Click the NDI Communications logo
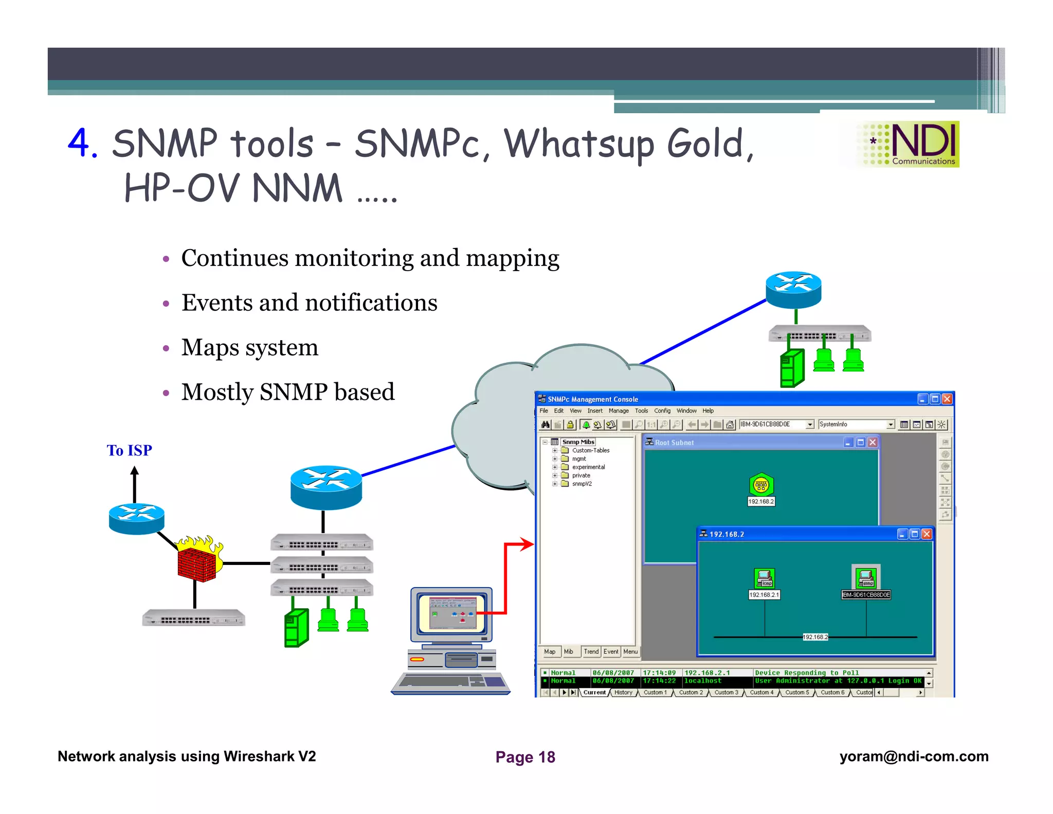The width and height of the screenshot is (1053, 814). pos(908,144)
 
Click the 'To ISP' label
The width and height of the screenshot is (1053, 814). pos(129,450)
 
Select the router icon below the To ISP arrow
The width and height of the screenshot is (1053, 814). pos(136,519)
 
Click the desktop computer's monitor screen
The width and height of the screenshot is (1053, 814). pos(451,613)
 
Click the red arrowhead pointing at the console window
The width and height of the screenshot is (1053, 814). pos(527,544)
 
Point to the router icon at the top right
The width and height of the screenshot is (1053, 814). pos(793,289)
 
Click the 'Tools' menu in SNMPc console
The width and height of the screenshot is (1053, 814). pos(641,411)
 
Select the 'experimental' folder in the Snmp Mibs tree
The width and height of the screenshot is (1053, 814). pos(588,467)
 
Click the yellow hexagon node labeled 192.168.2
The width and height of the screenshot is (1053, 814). pos(761,485)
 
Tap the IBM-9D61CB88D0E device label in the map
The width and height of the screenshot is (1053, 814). pos(866,595)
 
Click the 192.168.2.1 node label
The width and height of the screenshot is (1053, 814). pos(764,595)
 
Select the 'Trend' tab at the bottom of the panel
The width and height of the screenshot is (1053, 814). pos(591,651)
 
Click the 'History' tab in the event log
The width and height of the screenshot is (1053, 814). pos(623,693)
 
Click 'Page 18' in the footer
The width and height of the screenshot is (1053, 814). pos(525,757)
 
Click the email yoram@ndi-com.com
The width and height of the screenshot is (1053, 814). pos(914,756)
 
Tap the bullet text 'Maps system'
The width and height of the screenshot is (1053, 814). pos(250,347)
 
